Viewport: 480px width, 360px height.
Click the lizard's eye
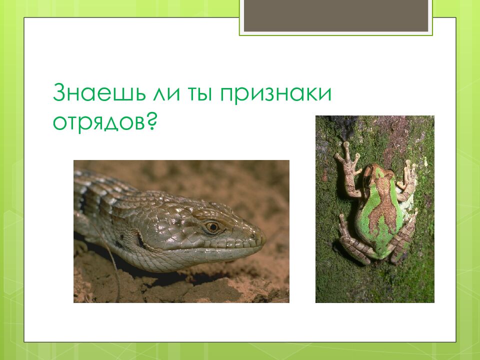pyautogui.click(x=212, y=226)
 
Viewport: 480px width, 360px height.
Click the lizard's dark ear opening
pyautogui.click(x=141, y=241)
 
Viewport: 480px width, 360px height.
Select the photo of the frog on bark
pyautogui.click(x=374, y=209)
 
